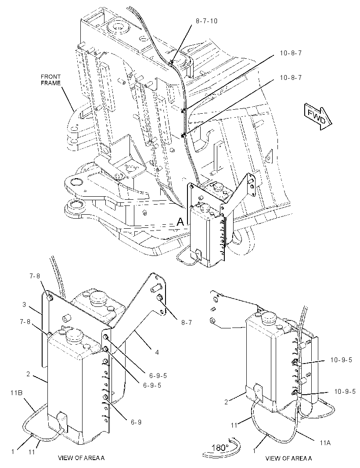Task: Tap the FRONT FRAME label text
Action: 50,80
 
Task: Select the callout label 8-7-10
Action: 207,21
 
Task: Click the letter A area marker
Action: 180,222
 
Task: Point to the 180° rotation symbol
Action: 220,447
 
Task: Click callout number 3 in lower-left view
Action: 25,305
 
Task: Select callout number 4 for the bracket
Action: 157,353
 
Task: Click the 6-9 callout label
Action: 136,422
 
